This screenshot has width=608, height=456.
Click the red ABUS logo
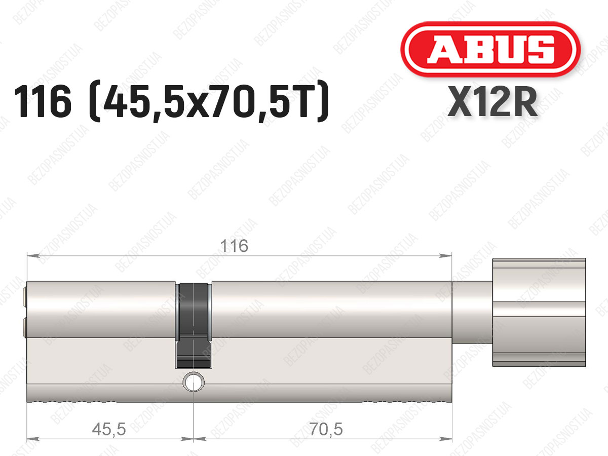[490, 49]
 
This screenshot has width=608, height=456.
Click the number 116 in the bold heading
[43, 102]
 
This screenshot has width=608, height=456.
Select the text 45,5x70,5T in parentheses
[209, 102]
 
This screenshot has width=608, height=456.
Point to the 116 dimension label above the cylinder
[234, 246]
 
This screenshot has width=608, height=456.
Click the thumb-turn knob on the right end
[539, 313]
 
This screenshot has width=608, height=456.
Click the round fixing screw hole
[194, 382]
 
